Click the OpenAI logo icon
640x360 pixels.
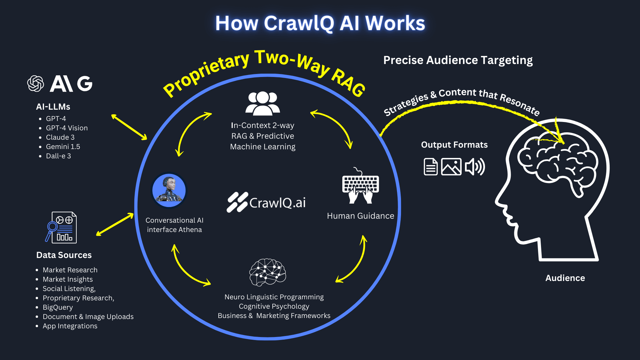[36, 83]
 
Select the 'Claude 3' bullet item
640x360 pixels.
[60, 137]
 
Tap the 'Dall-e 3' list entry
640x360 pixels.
[58, 156]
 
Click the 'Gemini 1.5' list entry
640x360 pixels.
[63, 147]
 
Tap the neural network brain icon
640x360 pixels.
[267, 272]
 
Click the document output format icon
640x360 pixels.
[431, 167]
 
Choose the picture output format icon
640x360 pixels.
[451, 167]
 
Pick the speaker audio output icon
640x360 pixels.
[475, 167]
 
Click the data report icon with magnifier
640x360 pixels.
[61, 227]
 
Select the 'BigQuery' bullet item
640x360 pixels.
[58, 307]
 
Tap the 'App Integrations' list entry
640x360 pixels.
[70, 326]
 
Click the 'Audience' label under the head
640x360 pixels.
[565, 278]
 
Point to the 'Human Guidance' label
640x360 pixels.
[360, 216]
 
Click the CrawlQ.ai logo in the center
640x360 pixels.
[266, 202]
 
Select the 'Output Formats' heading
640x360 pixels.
[454, 145]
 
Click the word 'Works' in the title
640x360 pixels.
[395, 23]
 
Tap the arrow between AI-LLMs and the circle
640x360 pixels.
[129, 127]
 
